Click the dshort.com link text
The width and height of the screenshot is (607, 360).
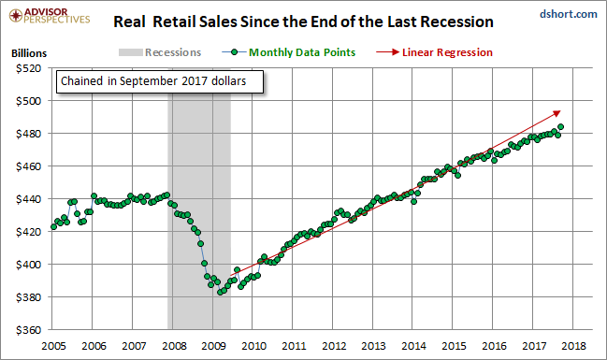point(569,14)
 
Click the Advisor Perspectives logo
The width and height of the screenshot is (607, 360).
point(50,16)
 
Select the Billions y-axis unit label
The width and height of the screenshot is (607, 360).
point(29,53)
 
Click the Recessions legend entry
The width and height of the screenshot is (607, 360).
point(160,52)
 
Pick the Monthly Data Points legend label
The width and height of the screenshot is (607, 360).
point(302,52)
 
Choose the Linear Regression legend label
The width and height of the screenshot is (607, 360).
point(447,52)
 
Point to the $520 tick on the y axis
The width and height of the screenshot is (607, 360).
point(28,68)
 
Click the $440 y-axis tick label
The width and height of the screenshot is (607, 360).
point(28,199)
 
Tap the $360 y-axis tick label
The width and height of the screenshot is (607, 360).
point(28,330)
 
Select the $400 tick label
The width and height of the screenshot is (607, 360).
point(28,265)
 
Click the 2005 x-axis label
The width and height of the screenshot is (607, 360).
point(53,346)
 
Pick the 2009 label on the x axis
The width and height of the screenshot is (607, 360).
point(213,346)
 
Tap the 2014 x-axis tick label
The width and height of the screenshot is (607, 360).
point(413,346)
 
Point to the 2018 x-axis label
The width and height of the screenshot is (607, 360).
point(573,346)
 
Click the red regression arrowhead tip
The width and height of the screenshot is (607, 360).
point(560,111)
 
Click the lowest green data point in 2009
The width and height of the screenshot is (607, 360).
point(220,293)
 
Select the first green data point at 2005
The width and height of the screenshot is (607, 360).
point(54,227)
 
